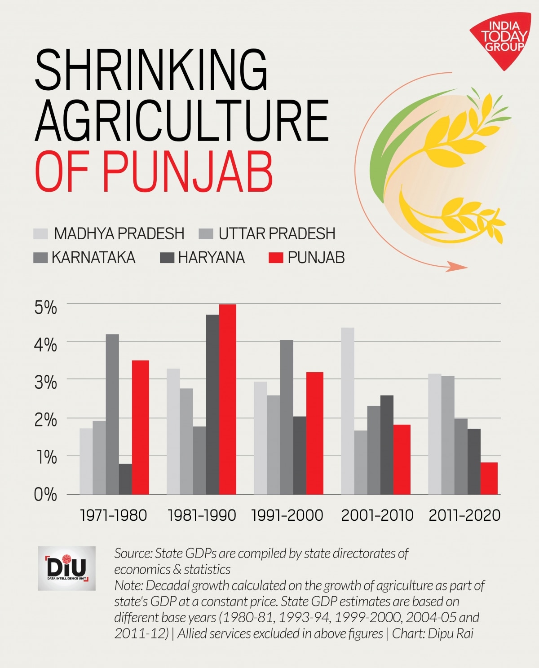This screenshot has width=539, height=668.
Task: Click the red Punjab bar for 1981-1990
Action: (227, 400)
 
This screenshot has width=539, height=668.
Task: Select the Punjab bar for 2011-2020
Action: (489, 478)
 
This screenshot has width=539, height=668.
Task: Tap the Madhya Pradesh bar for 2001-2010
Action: (347, 411)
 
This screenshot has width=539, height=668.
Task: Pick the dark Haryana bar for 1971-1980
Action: (125, 479)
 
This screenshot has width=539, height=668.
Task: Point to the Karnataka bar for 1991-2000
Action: (287, 417)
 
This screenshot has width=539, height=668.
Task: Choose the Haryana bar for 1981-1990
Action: (212, 404)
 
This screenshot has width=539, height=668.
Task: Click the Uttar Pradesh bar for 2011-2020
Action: (447, 435)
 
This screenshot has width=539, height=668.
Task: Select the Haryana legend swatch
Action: (167, 258)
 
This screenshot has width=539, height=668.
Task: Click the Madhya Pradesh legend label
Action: (119, 233)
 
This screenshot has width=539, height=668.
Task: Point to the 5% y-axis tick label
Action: (46, 308)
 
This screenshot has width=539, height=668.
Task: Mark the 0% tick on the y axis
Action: (46, 495)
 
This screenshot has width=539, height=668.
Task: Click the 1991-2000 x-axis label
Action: (287, 515)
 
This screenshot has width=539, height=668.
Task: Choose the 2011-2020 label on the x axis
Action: (464, 515)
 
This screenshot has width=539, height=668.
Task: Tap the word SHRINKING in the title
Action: (151, 70)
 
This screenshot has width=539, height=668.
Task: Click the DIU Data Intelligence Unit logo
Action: (66, 568)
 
